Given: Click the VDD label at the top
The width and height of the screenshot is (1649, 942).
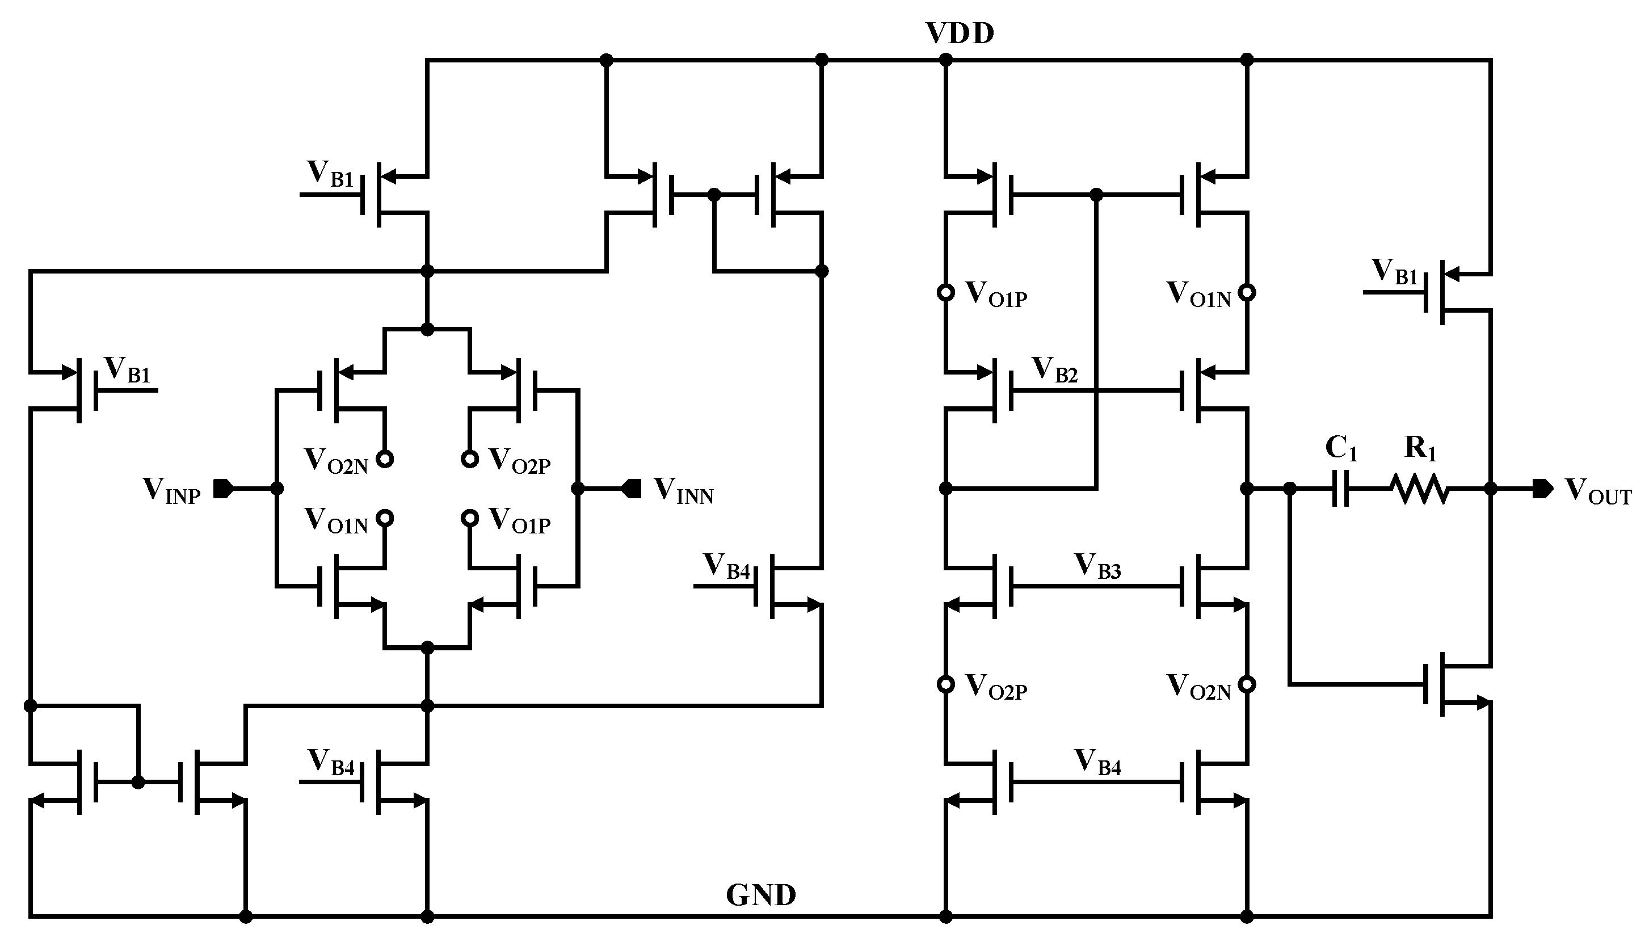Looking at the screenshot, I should (960, 33).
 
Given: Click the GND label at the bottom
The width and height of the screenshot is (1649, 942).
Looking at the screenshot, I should (760, 895).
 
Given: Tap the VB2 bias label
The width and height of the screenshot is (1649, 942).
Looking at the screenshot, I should (1054, 370).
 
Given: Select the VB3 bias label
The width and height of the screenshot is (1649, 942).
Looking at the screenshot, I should (1097, 566).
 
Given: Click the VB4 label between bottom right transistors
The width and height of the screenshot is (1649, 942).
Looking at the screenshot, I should (1097, 762).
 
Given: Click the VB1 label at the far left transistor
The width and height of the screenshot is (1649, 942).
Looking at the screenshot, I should (128, 370).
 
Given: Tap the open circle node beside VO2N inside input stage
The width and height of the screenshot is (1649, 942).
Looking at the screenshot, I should (385, 459).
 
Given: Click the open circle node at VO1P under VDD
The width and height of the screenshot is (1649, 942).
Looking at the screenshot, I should (946, 292).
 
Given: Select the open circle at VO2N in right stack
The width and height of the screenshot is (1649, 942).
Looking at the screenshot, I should (1247, 684).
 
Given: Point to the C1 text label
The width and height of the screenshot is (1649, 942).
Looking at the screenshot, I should (1340, 448).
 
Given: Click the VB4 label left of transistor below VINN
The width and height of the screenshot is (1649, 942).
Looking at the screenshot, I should (726, 566).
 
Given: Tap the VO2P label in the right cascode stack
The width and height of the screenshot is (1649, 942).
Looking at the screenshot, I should (995, 687).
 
